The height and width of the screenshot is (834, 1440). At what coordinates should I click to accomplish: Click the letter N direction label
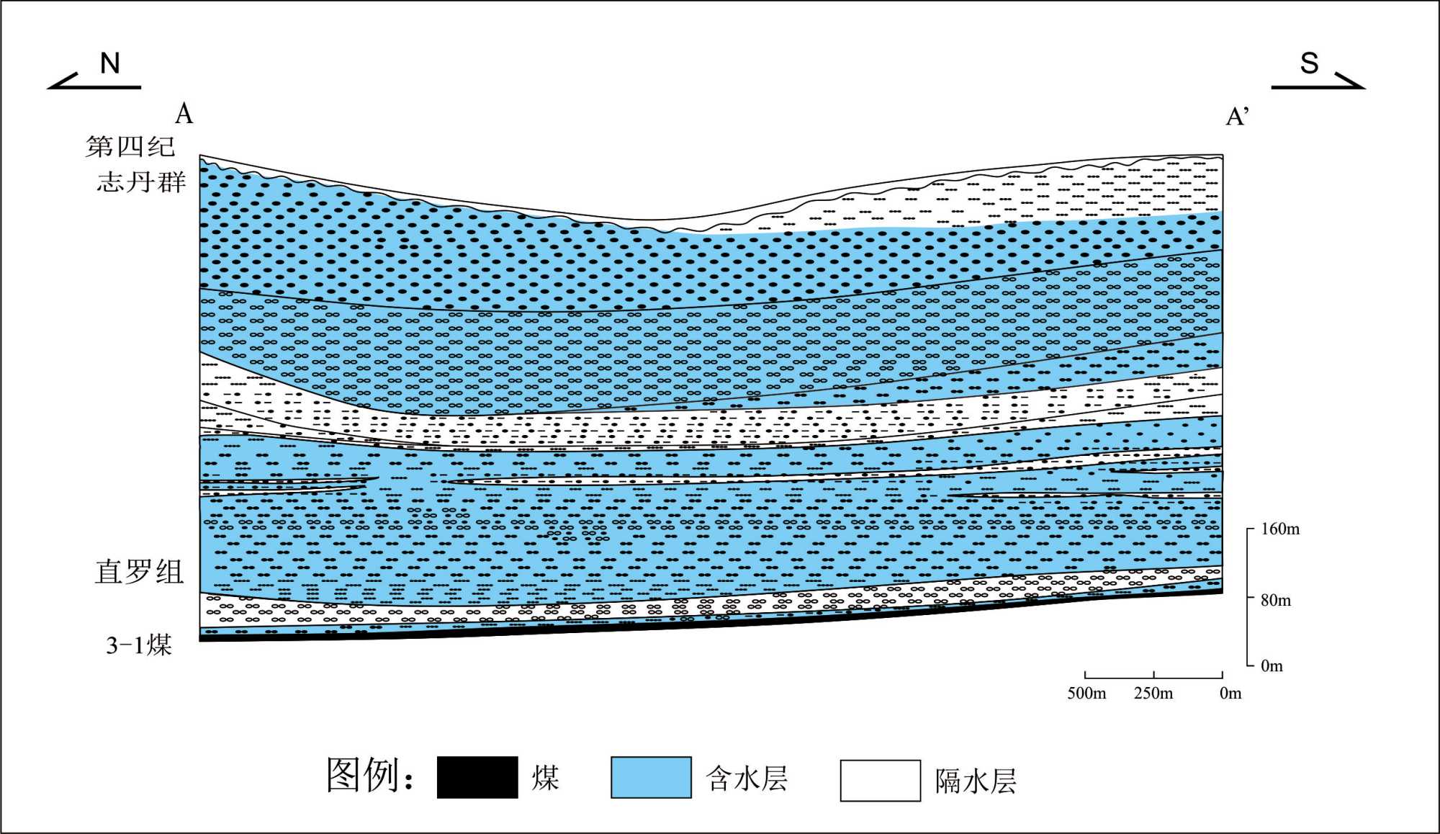pyautogui.click(x=109, y=63)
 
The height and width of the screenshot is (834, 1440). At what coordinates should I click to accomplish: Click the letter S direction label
pyautogui.click(x=1309, y=63)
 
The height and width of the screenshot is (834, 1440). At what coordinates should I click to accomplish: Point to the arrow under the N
pyautogui.click(x=94, y=82)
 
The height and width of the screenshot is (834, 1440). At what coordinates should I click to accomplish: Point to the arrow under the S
pyautogui.click(x=1318, y=82)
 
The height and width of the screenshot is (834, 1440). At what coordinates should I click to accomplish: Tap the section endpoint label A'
pyautogui.click(x=1237, y=116)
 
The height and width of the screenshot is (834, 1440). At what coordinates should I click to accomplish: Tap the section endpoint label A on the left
pyautogui.click(x=184, y=114)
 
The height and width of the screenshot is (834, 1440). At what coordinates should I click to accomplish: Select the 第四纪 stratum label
pyautogui.click(x=130, y=146)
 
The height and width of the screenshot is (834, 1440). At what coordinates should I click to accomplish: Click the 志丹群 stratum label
pyautogui.click(x=141, y=181)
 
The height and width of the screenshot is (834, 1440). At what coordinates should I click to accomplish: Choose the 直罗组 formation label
pyautogui.click(x=139, y=572)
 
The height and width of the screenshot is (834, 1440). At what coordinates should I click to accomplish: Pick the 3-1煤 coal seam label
pyautogui.click(x=139, y=645)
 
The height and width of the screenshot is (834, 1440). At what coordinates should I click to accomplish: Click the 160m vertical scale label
pyautogui.click(x=1280, y=529)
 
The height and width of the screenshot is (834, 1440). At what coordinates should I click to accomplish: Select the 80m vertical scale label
pyautogui.click(x=1275, y=600)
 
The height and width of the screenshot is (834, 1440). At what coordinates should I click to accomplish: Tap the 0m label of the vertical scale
pyautogui.click(x=1272, y=665)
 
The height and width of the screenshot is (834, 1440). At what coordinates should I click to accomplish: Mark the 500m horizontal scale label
pyautogui.click(x=1086, y=693)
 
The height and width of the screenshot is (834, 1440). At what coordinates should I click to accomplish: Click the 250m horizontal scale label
pyautogui.click(x=1153, y=693)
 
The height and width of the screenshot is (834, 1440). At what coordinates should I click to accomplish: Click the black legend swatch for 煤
pyautogui.click(x=477, y=777)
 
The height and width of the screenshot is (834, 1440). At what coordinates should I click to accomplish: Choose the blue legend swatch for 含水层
pyautogui.click(x=651, y=777)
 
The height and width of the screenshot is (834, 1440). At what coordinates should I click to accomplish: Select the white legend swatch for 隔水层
pyautogui.click(x=880, y=780)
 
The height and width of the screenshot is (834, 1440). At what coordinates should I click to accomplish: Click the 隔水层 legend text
pyautogui.click(x=976, y=781)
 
